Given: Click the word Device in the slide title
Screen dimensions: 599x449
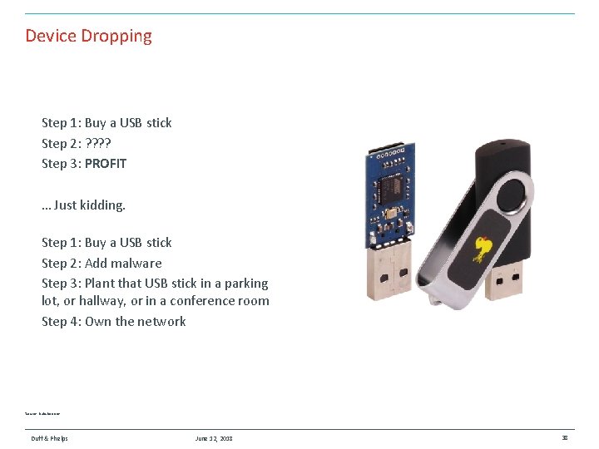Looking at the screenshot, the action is click(x=51, y=37).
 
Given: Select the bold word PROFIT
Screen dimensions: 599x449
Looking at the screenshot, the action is click(x=106, y=164).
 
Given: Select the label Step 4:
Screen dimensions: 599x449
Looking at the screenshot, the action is click(x=61, y=322).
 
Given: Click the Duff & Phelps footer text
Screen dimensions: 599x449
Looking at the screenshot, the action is click(x=50, y=438).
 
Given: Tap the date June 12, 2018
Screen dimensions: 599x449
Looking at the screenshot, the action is click(x=214, y=438).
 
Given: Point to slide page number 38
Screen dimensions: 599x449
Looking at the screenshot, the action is click(x=565, y=438).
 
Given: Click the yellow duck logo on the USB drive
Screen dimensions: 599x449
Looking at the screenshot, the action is click(x=482, y=248).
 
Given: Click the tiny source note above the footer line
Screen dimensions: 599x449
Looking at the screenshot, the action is click(x=42, y=413).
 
